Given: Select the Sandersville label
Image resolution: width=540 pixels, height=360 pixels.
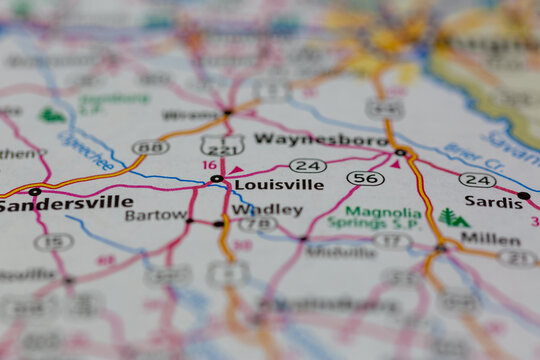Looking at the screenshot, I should pyautogui.click(x=66, y=203).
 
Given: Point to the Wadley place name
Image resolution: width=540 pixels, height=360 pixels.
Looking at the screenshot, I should pyautogui.click(x=267, y=210).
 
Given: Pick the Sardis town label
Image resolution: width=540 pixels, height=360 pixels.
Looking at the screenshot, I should pyautogui.click(x=494, y=202).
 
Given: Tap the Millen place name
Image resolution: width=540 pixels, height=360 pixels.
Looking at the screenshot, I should pyautogui.click(x=490, y=240).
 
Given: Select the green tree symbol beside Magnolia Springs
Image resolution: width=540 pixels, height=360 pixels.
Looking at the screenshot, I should pyautogui.click(x=453, y=217).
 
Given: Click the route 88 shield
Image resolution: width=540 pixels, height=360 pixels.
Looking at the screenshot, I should pyautogui.click(x=150, y=147).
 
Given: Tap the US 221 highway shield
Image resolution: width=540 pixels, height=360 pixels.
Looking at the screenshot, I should pyautogui.click(x=222, y=146).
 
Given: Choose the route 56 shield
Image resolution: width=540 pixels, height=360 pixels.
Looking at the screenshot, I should pyautogui.click(x=365, y=178).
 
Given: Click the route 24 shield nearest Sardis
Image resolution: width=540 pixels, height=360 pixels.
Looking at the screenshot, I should pyautogui.click(x=477, y=180).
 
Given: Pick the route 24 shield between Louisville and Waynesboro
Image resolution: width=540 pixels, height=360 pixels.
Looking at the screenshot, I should pyautogui.click(x=307, y=165).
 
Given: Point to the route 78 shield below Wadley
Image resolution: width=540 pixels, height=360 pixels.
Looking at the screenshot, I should pyautogui.click(x=258, y=224).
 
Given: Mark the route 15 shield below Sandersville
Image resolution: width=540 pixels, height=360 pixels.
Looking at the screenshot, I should pyautogui.click(x=53, y=241).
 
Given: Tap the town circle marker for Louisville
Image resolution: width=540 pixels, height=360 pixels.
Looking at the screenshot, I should pyautogui.click(x=216, y=179).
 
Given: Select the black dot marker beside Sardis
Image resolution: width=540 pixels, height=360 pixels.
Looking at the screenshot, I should pyautogui.click(x=524, y=196).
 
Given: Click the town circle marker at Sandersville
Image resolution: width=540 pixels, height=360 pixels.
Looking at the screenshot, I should pyautogui.click(x=35, y=191).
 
